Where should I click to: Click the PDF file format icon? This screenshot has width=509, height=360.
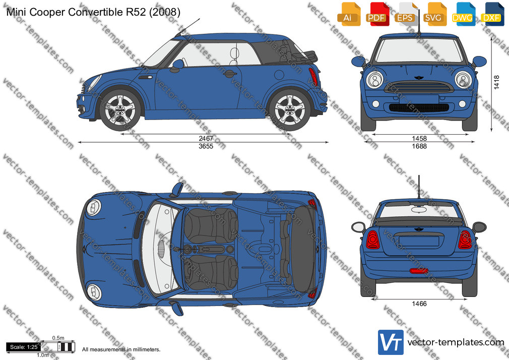376,14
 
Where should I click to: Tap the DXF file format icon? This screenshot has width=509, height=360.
493,14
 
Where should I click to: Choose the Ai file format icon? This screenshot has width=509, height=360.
349,14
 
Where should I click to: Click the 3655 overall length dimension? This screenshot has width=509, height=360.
206,146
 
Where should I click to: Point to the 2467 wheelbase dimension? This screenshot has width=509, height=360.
206,139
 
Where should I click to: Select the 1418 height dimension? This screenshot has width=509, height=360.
497,82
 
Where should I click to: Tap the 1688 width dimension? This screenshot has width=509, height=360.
419,146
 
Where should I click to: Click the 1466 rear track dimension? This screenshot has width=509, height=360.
419,304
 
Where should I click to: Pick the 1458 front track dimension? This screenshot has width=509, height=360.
419,139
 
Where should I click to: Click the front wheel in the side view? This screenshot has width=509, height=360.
120,109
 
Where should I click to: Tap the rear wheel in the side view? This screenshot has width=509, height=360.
290,109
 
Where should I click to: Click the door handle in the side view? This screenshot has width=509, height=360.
230,74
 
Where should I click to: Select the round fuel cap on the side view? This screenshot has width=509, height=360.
279,75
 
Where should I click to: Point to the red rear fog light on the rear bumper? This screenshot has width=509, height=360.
419,271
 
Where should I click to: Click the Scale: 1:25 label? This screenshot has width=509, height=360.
24,347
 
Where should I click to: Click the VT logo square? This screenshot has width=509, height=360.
391,342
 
